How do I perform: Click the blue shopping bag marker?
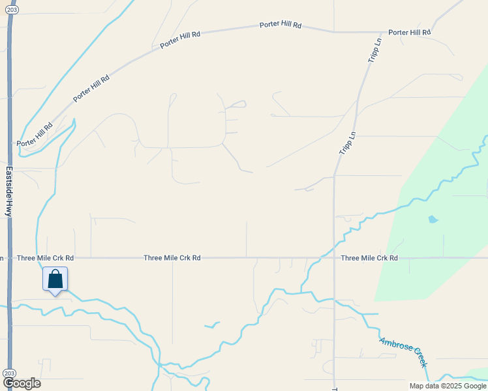(55, 280)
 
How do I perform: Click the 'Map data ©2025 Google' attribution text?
(448, 386)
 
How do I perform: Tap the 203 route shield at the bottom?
(8, 373)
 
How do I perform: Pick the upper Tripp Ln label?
(374, 51)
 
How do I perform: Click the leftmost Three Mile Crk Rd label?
(46, 258)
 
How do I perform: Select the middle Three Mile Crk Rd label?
(172, 258)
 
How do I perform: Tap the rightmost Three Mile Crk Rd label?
(369, 258)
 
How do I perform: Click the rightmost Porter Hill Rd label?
(409, 32)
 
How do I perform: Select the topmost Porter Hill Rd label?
(281, 25)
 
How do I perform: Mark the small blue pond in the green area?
(433, 219)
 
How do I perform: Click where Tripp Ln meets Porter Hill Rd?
(382, 32)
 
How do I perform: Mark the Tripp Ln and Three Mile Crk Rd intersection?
(334, 258)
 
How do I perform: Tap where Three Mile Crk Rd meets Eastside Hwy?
(9, 258)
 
